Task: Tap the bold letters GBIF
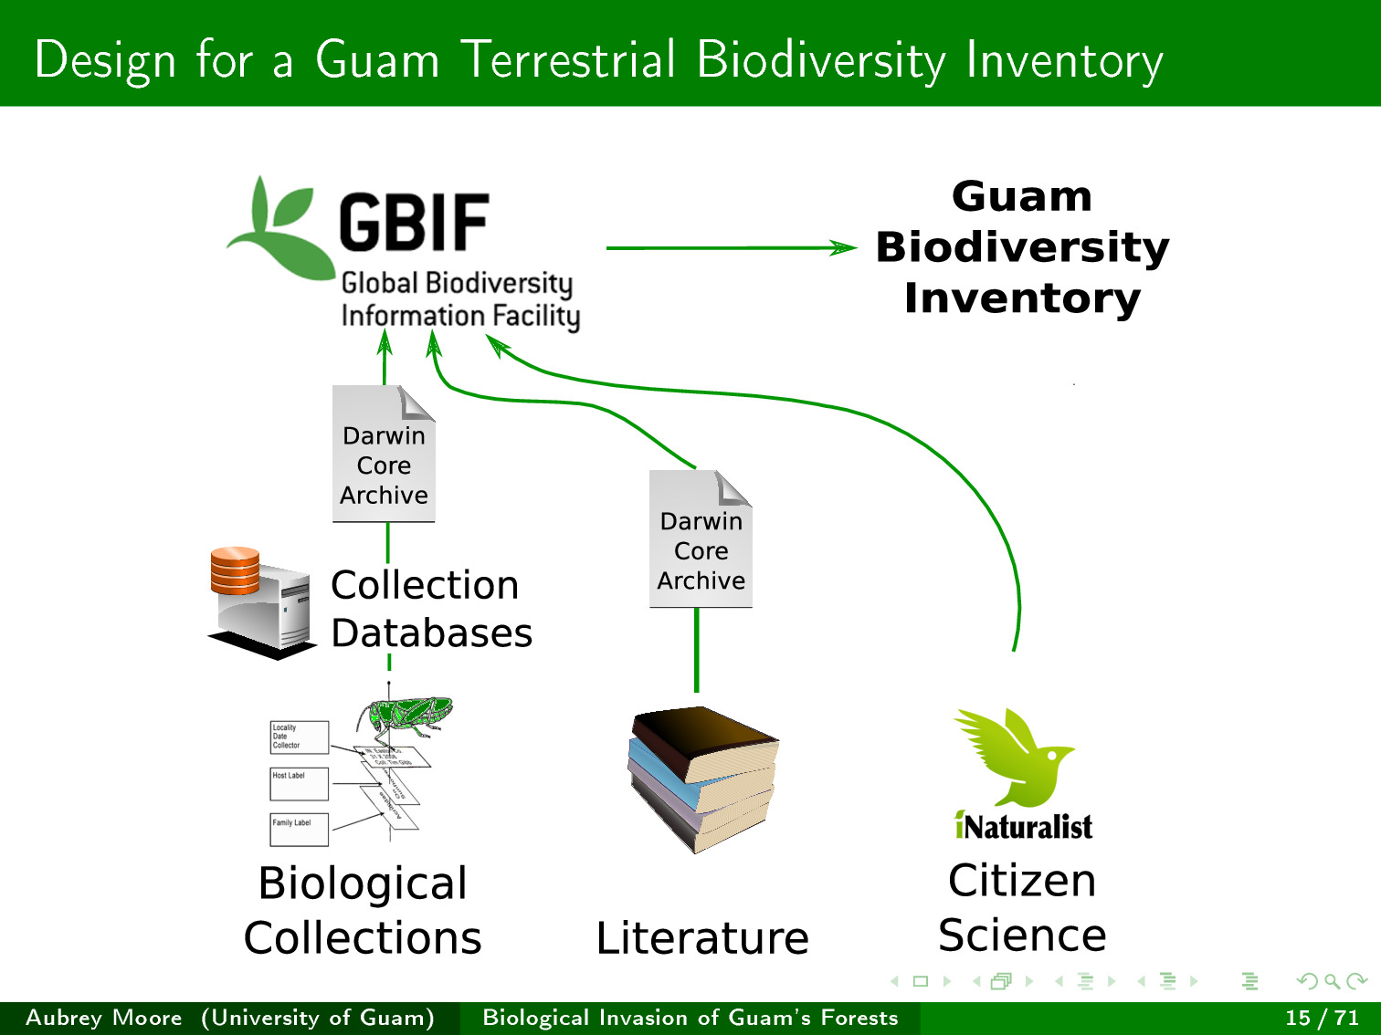click(x=414, y=224)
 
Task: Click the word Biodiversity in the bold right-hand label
click(x=1022, y=247)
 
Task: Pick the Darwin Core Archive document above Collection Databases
click(x=384, y=455)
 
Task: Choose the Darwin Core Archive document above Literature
click(x=701, y=539)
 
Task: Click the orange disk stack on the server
click(x=235, y=570)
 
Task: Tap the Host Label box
click(x=299, y=784)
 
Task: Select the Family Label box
click(x=299, y=830)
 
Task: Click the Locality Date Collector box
click(x=299, y=737)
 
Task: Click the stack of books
click(x=703, y=779)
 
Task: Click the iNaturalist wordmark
click(x=1023, y=827)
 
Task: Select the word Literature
click(x=702, y=938)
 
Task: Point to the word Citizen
click(x=1022, y=881)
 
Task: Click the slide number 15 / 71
click(x=1322, y=1018)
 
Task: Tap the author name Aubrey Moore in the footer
click(x=104, y=1018)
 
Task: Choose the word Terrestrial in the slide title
click(x=568, y=60)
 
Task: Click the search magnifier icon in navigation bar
click(x=1332, y=981)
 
